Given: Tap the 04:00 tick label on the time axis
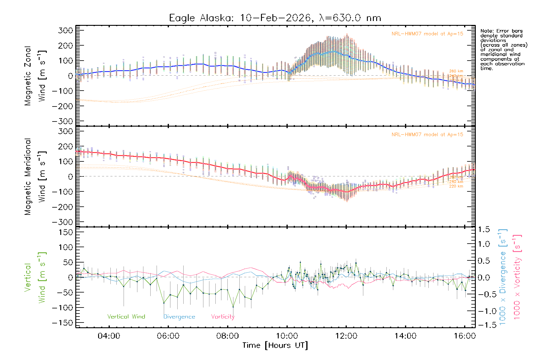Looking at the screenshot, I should [x=109, y=336].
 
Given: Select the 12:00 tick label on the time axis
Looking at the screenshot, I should [x=346, y=336].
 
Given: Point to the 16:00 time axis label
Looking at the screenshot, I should [x=465, y=336].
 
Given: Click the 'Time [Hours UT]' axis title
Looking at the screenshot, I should [x=275, y=345].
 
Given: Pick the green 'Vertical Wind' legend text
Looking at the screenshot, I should [x=126, y=316].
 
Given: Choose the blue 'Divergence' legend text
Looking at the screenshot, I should [x=179, y=317].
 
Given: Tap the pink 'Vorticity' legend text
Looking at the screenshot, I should [x=223, y=316].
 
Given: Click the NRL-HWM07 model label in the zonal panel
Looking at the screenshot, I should [x=427, y=34].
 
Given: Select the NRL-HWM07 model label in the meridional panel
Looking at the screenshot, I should [x=427, y=135].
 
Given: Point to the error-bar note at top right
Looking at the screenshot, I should [x=503, y=49].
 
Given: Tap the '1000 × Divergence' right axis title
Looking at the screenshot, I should [x=502, y=277].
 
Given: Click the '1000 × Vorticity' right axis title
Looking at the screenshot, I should [x=517, y=277].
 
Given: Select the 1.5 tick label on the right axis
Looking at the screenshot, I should [x=484, y=229].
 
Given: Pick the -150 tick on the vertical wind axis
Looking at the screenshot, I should [x=62, y=323].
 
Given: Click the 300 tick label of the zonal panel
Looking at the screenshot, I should [x=65, y=30].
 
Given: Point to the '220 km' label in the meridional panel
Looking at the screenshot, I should [x=456, y=186].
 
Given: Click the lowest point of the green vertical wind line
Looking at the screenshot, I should [x=233, y=307].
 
